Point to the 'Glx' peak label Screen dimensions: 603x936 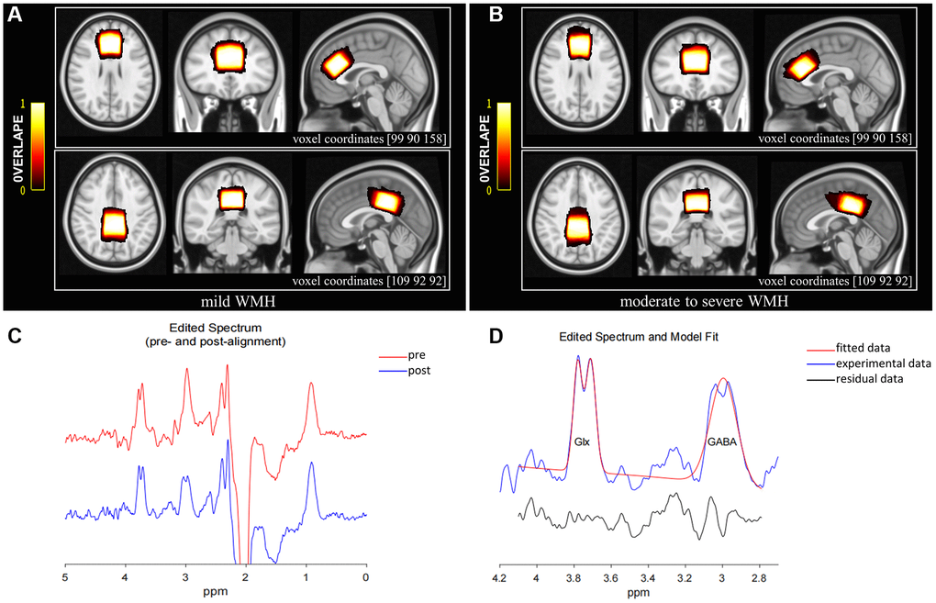click(582, 441)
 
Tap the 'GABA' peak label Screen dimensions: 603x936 click(721, 441)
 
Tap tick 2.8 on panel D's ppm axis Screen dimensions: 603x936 click(759, 579)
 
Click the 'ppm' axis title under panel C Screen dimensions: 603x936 click(215, 591)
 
